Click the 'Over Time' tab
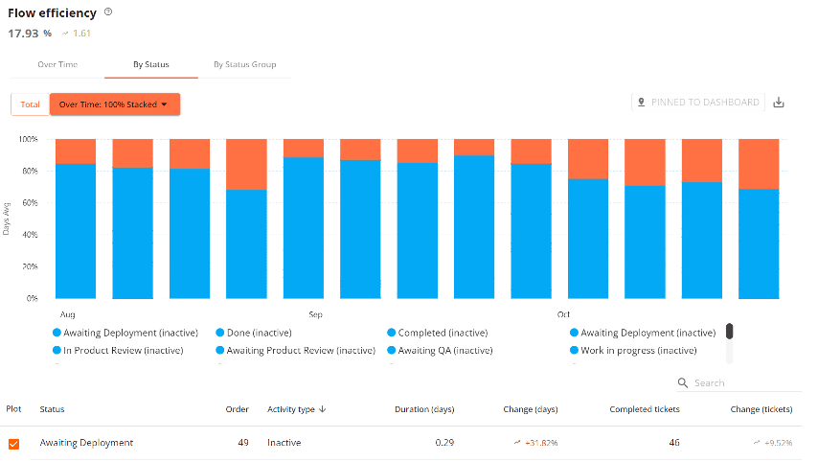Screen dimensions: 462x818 (57, 64)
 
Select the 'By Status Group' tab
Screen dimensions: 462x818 (244, 64)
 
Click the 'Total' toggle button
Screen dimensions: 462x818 (30, 104)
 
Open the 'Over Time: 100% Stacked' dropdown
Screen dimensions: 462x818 (114, 104)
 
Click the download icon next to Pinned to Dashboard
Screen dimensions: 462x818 (779, 103)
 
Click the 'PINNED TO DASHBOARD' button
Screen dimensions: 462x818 (697, 103)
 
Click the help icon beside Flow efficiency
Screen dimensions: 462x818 (108, 12)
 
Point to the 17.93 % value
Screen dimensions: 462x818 (30, 34)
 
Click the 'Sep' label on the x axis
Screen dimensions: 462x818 (315, 313)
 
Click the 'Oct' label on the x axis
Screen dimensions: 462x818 (564, 313)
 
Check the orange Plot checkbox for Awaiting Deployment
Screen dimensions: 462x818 (13, 444)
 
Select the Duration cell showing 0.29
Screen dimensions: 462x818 (442, 443)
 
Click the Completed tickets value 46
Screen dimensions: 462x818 (673, 443)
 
